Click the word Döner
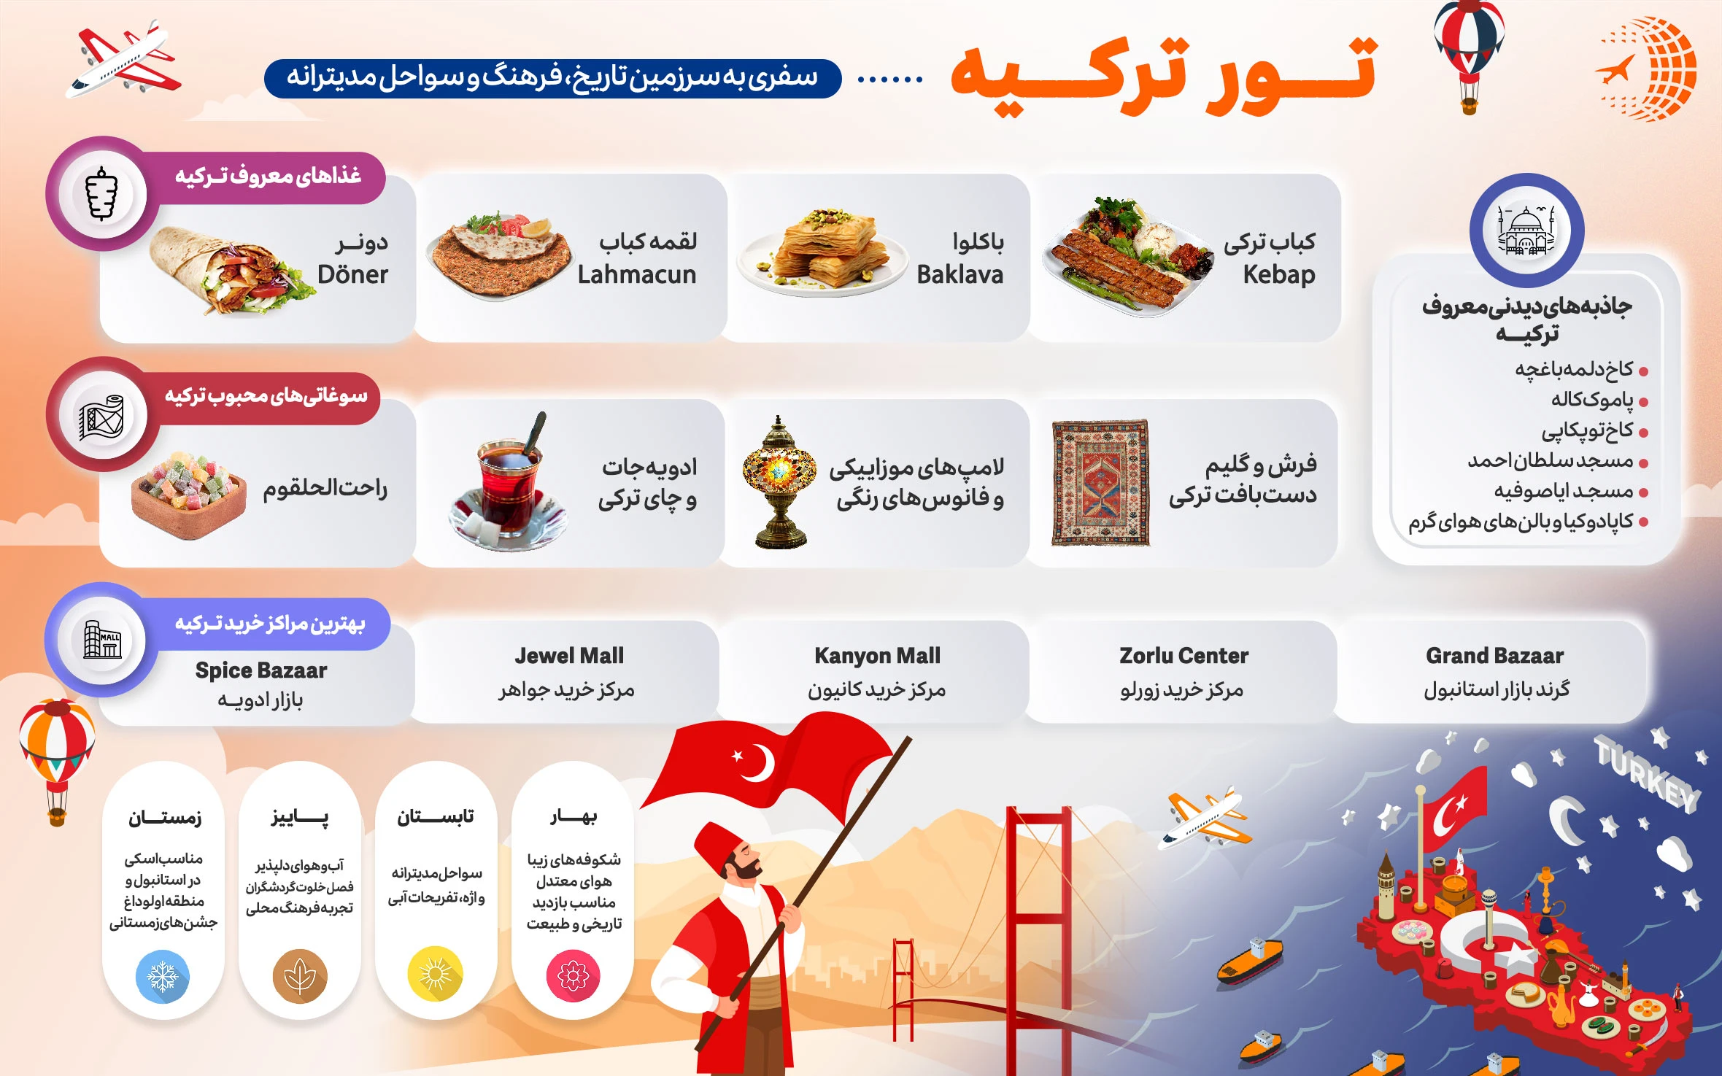352,274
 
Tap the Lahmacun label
637,274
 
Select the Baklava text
960,274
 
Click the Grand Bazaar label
1495,656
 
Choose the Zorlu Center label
1184,656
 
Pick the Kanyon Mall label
877,657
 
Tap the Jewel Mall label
569,656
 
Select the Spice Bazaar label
261,670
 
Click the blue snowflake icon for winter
163,976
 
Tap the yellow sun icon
436,974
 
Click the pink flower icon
574,976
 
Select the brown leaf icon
300,976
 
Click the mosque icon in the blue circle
1526,230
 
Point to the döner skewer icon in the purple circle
102,194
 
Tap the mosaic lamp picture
779,482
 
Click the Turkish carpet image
1101,483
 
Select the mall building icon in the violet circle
102,639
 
